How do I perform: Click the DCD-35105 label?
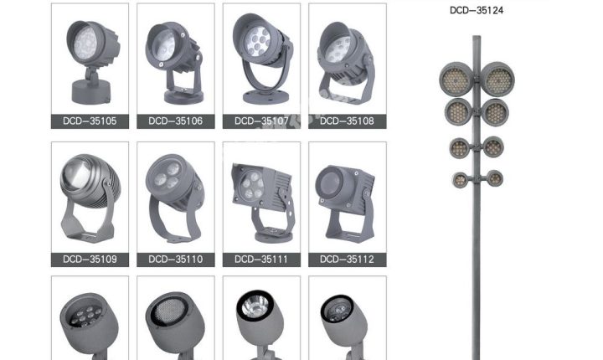point(90,121)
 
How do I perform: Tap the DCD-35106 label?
point(175,121)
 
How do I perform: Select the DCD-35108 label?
point(347,121)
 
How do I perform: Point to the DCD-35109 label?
point(90,260)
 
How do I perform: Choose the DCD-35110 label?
point(175,260)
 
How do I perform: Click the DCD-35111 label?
point(261,260)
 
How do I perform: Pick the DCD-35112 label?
point(347,260)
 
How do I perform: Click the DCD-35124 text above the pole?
point(477,10)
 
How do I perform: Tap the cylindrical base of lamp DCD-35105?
point(91,92)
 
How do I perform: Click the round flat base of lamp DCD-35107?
point(265,97)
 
